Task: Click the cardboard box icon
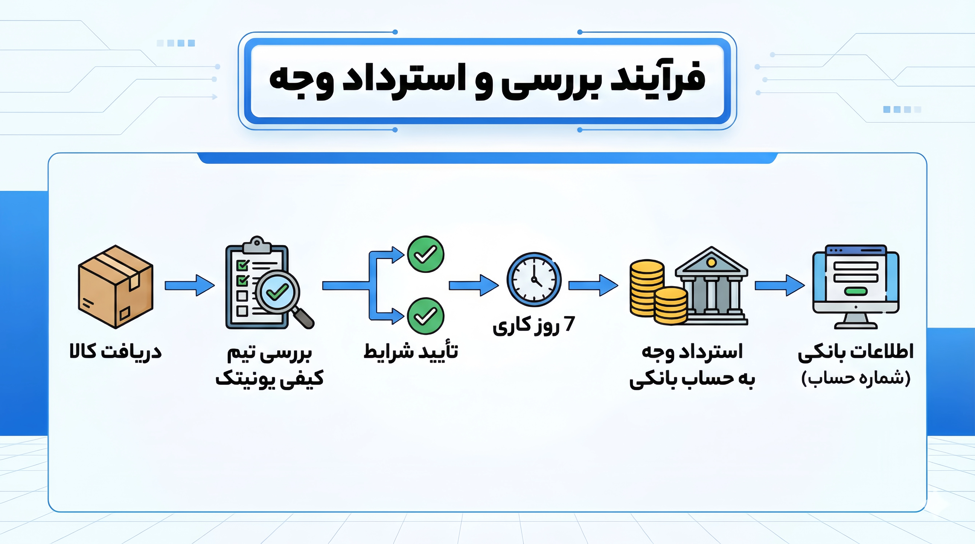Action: (115, 287)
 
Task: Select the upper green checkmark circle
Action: (425, 254)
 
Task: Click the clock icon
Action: (534, 279)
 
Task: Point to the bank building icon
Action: (712, 286)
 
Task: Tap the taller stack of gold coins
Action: (647, 288)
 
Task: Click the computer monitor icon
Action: (856, 287)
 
